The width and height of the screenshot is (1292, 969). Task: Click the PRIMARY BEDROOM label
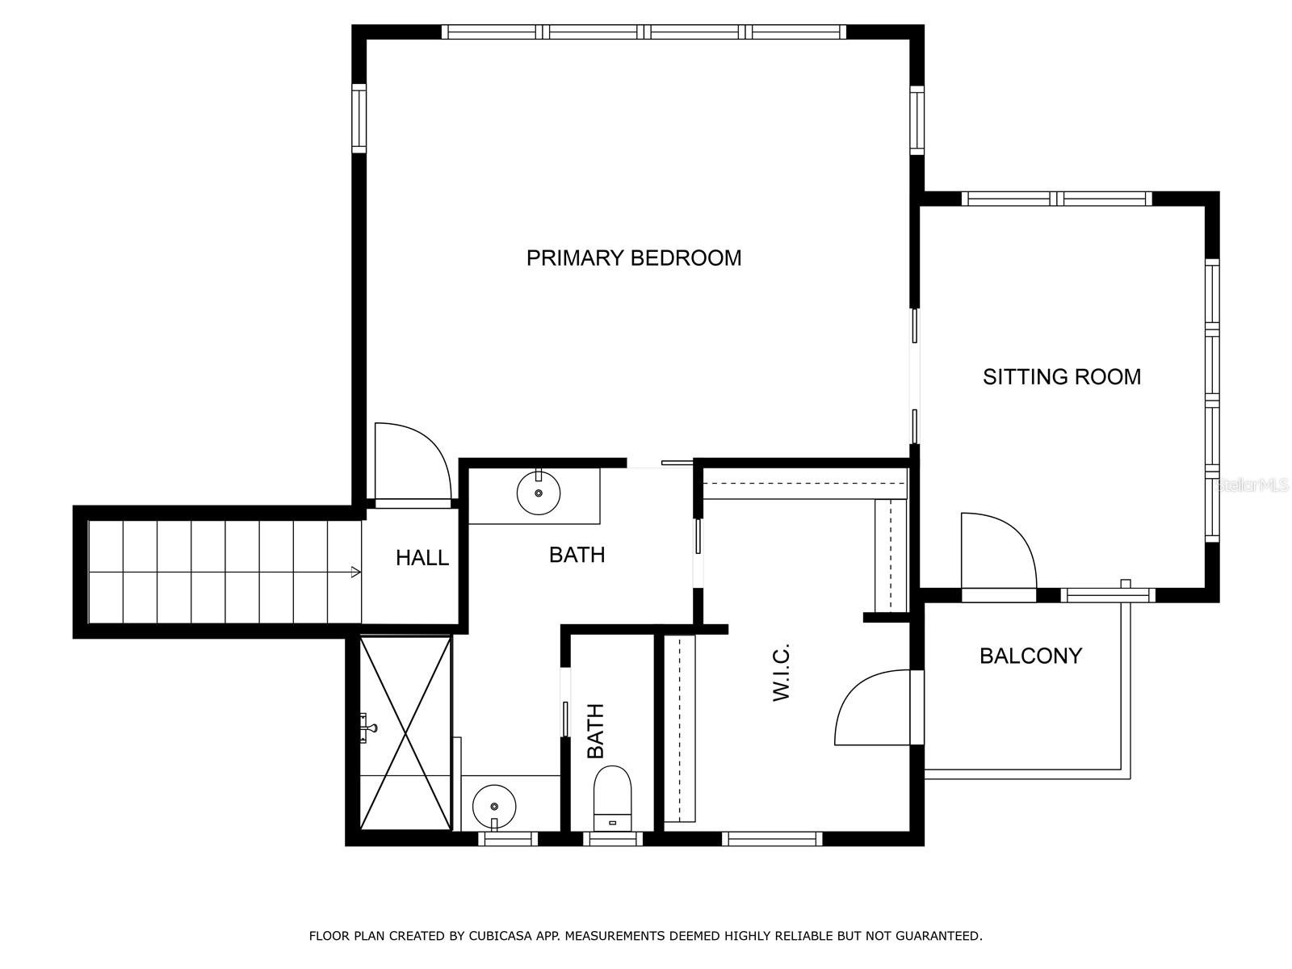click(x=633, y=258)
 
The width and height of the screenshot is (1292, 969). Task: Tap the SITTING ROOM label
click(x=1061, y=376)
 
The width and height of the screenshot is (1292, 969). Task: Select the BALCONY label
click(x=1030, y=656)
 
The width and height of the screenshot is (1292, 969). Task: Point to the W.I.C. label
click(x=781, y=672)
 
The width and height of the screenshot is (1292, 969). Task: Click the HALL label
click(x=422, y=558)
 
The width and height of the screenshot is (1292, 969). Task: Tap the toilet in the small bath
click(x=612, y=798)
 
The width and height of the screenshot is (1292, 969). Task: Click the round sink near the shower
click(x=494, y=806)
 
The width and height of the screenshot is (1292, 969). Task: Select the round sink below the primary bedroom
click(x=538, y=493)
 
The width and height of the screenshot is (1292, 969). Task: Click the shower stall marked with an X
click(x=405, y=732)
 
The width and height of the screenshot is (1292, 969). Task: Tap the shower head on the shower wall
click(x=368, y=728)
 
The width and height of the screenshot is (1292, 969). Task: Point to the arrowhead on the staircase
click(x=355, y=571)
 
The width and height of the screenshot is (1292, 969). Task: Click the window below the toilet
click(x=613, y=838)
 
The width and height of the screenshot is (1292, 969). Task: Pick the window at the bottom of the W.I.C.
click(x=772, y=838)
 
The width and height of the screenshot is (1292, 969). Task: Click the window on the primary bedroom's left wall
click(x=359, y=118)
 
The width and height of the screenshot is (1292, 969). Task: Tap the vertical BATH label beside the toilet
click(x=596, y=731)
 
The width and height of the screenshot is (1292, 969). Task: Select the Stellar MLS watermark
click(x=1252, y=485)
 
